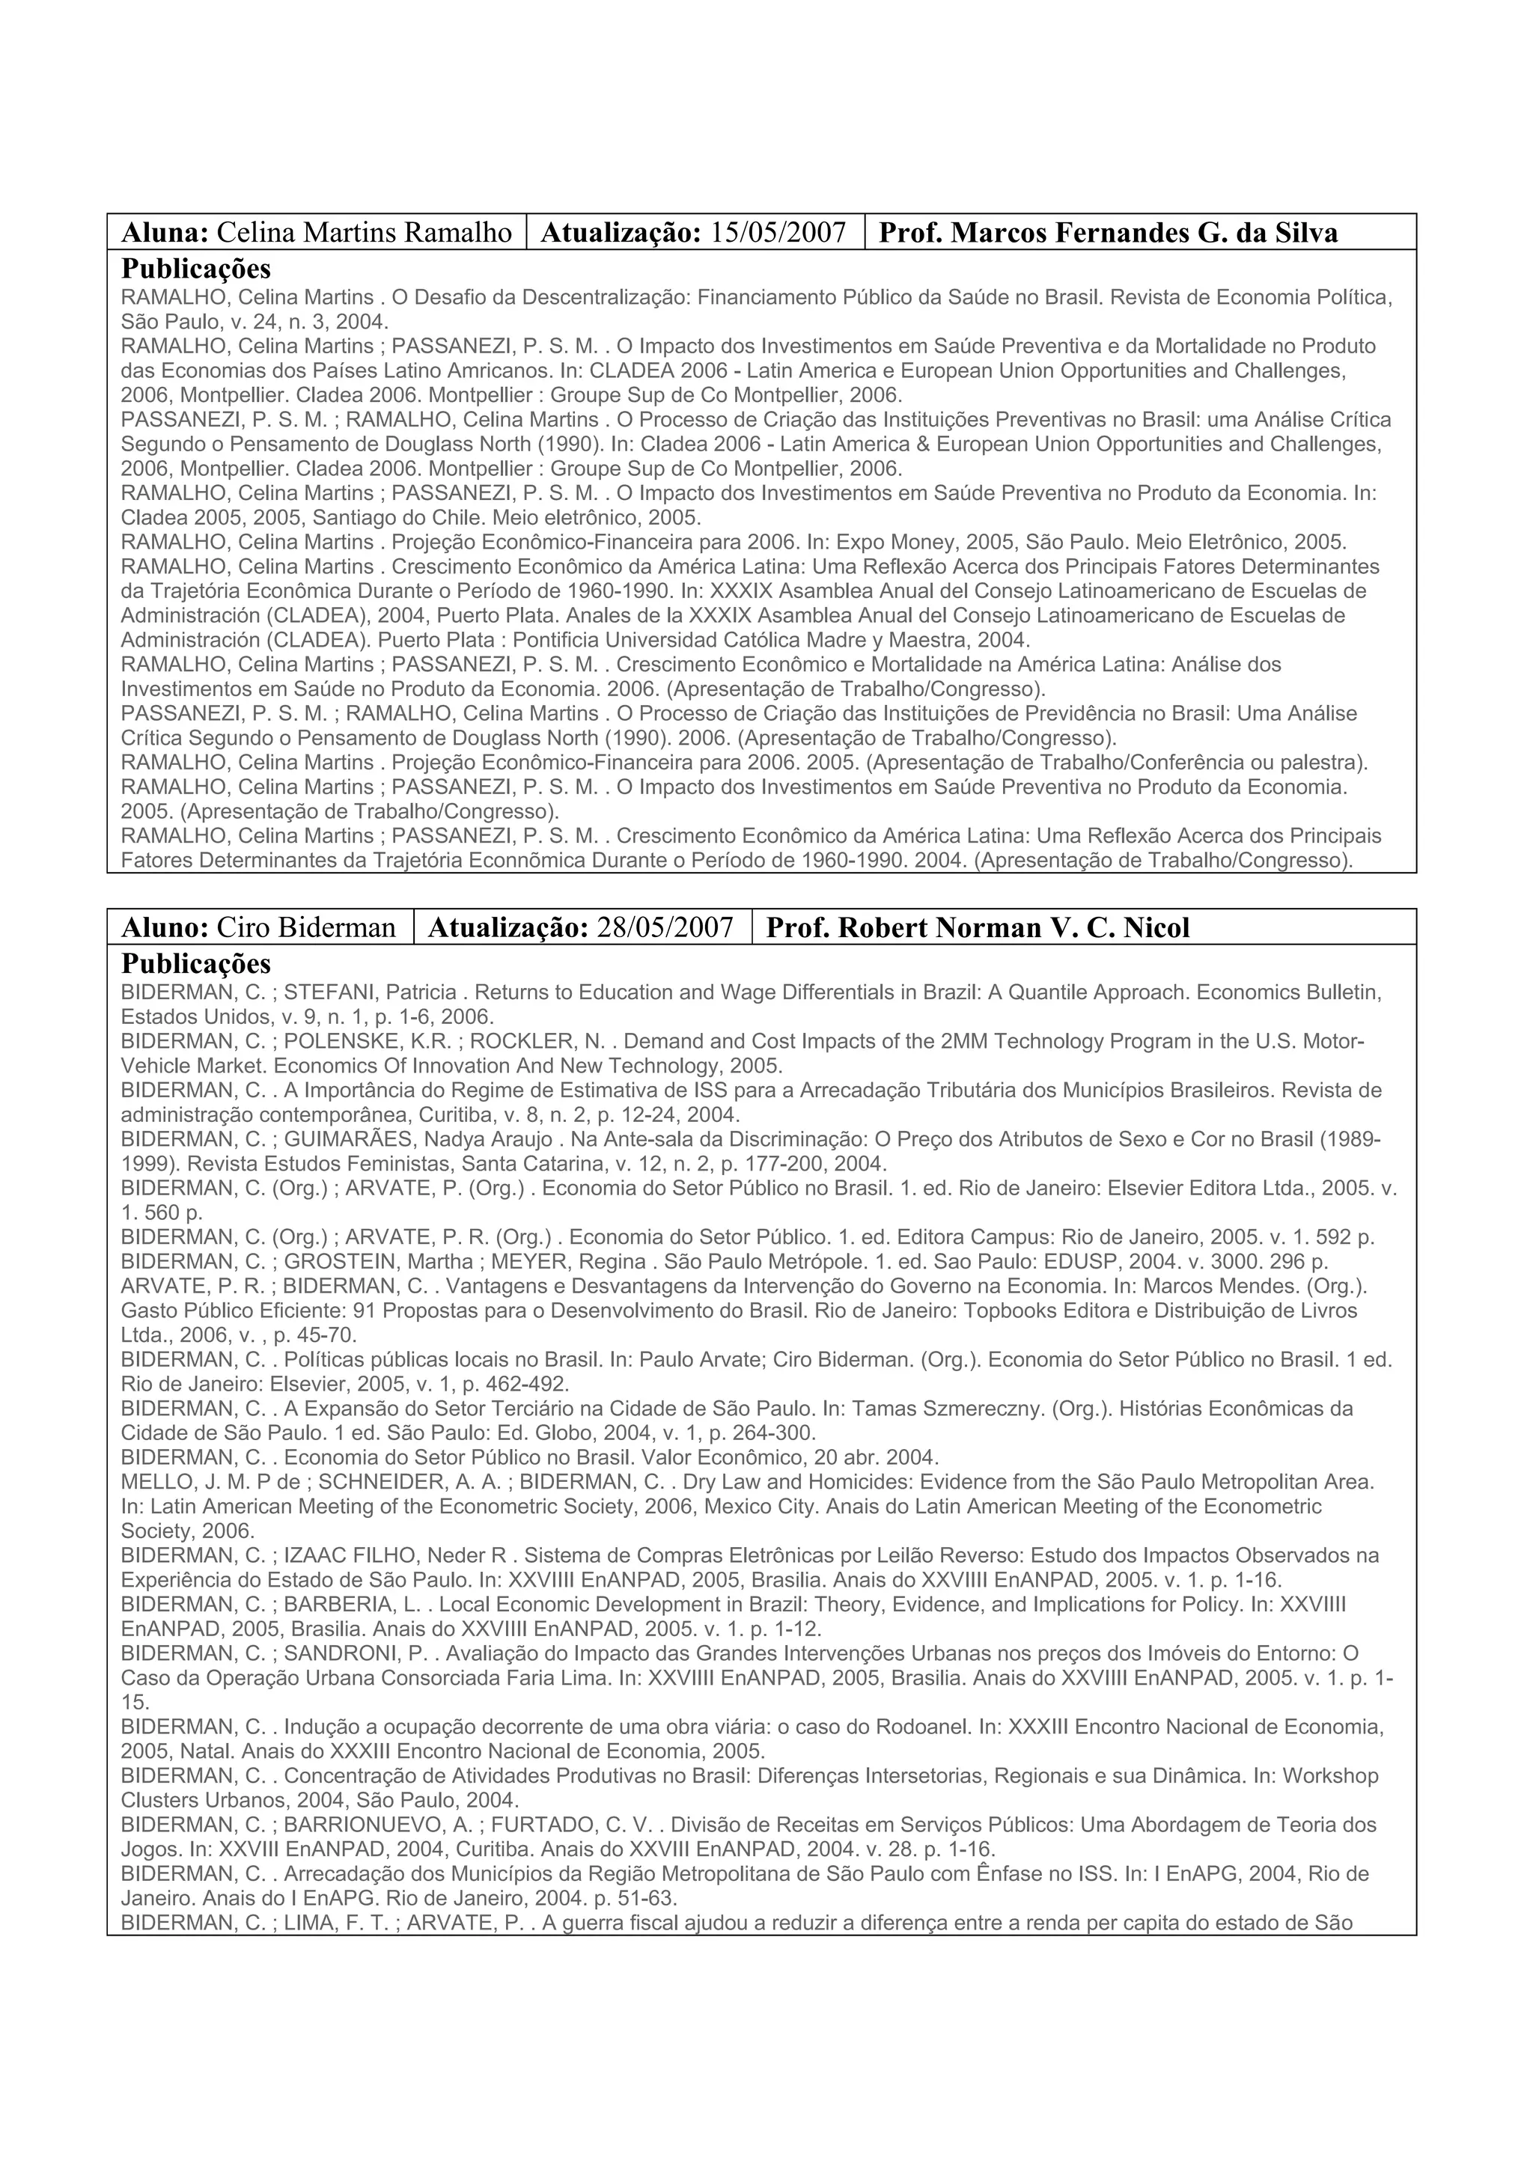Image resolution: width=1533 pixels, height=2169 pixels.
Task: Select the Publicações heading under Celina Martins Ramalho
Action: (195, 267)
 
